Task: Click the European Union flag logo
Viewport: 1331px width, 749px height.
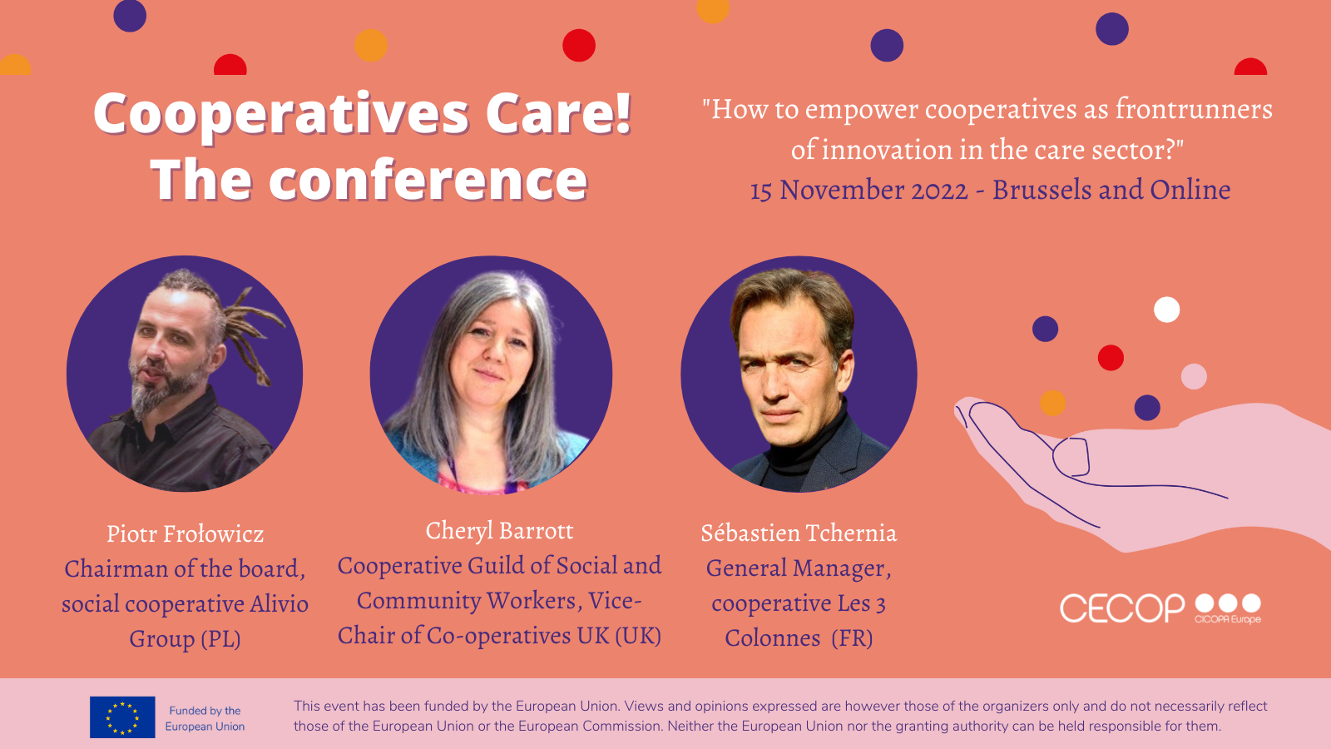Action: coord(122,717)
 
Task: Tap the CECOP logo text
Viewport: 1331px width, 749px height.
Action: coord(1122,608)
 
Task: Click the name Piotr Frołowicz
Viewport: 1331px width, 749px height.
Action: coord(185,533)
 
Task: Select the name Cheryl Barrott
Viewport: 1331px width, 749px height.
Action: coord(499,530)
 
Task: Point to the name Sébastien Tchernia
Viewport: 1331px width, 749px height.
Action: coord(799,533)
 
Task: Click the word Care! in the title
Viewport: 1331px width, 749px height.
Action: coord(558,113)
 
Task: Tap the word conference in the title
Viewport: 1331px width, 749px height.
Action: coord(428,180)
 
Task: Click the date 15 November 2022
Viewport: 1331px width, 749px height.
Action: coord(858,191)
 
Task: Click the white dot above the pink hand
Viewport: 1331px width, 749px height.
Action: coord(1166,310)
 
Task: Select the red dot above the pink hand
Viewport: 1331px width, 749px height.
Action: coord(1111,358)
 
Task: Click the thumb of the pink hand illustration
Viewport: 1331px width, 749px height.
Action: coord(1071,457)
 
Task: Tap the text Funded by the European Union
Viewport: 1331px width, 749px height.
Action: coord(205,718)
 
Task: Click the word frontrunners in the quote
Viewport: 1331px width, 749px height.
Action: coord(1194,109)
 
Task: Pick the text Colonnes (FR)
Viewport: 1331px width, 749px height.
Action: coord(799,637)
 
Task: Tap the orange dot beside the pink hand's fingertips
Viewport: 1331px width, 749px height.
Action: coord(1052,403)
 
